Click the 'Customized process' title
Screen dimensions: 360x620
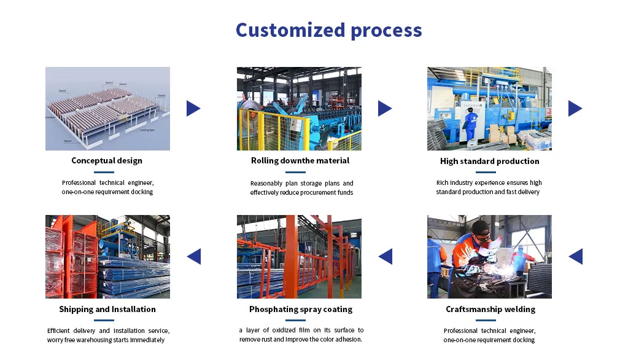[x=328, y=30]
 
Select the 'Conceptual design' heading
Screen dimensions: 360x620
[x=107, y=161]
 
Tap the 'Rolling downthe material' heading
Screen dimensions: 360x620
[x=300, y=161]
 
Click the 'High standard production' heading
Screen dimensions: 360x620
[x=489, y=162]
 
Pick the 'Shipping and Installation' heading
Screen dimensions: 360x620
[x=107, y=310]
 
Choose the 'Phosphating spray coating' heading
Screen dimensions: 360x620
[x=301, y=310]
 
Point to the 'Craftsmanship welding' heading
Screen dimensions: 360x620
[x=490, y=310]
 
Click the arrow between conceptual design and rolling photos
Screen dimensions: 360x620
[x=193, y=109]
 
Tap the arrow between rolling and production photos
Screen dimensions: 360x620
[x=384, y=109]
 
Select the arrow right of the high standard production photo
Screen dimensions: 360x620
[x=575, y=109]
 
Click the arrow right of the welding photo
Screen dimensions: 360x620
[x=576, y=256]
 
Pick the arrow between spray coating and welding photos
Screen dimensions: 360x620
[x=386, y=256]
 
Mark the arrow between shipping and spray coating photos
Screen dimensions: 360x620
[x=194, y=256]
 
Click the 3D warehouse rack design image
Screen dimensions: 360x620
[x=107, y=109]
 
